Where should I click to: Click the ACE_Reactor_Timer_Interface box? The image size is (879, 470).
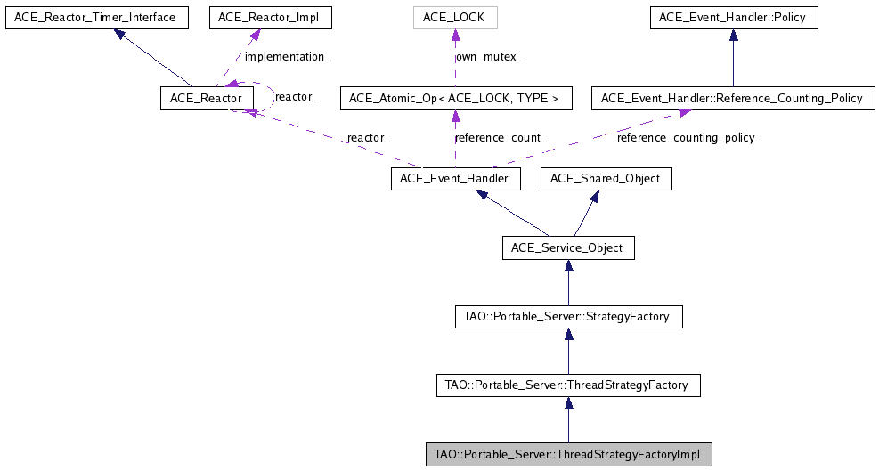click(97, 17)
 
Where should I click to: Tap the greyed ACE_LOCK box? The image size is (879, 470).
click(455, 17)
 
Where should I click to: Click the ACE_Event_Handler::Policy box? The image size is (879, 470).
click(733, 17)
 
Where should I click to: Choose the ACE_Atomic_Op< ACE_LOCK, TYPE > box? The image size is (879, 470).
click(455, 98)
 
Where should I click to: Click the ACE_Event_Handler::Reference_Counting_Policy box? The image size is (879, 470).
click(733, 98)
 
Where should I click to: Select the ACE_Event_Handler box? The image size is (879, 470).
click(455, 179)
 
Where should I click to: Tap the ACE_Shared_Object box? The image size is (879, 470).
click(606, 179)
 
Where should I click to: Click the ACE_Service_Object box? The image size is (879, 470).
click(568, 247)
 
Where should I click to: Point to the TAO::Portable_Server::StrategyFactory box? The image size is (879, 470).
click(568, 316)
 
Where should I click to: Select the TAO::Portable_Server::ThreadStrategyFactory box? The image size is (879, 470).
click(568, 385)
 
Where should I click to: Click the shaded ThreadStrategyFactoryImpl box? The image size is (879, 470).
click(568, 455)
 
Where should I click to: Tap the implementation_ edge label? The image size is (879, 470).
click(288, 57)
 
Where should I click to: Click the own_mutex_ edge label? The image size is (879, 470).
click(489, 57)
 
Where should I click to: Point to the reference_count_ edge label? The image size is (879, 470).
click(501, 138)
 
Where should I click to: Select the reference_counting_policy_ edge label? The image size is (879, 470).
click(688, 138)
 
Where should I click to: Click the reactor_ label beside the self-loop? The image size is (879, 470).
click(297, 96)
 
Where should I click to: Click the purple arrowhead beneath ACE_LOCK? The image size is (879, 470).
click(455, 36)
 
